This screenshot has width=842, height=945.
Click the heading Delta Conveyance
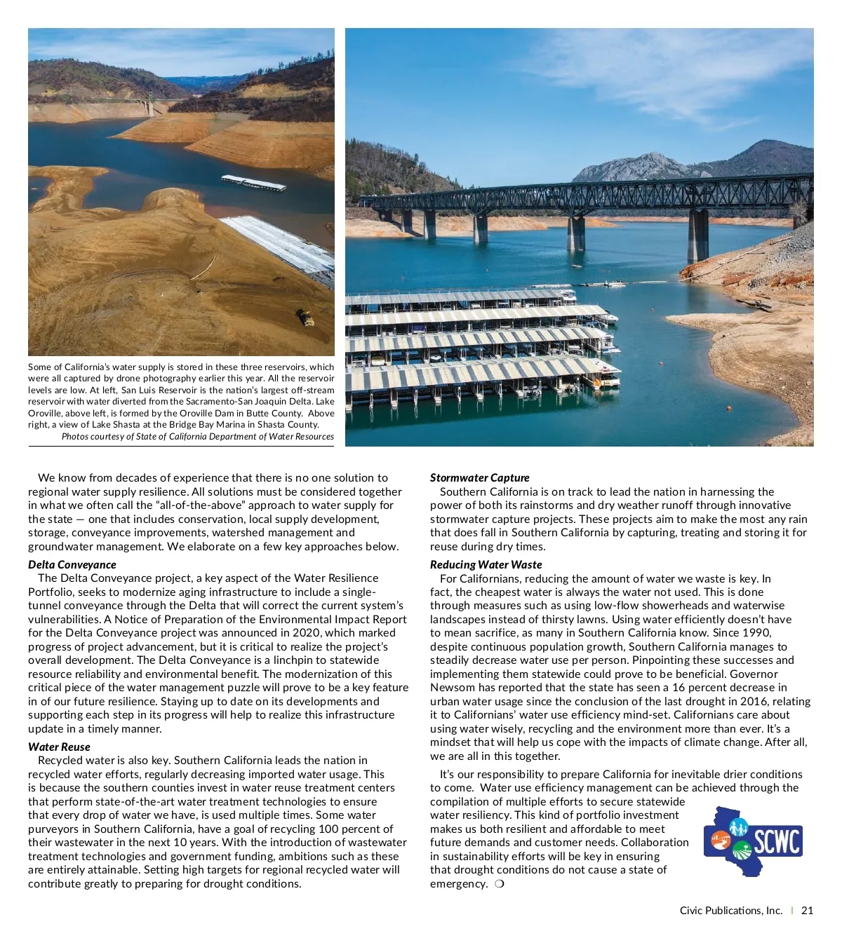coord(72,564)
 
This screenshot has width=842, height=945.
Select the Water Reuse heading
coord(59,747)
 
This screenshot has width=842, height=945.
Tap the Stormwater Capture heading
coord(479,477)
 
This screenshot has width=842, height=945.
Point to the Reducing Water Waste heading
coord(486,564)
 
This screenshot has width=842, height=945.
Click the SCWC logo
coord(753,841)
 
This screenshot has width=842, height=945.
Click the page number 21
coord(807,910)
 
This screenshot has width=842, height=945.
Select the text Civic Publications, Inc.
coord(730,910)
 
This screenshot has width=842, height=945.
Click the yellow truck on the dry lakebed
coord(306,318)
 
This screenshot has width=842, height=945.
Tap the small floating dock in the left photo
coord(253,183)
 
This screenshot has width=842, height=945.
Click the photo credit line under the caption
coord(197,436)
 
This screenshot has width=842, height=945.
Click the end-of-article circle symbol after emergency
coord(499,883)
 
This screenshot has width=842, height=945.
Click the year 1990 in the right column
coord(756,632)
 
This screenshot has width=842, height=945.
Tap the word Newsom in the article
coord(452,687)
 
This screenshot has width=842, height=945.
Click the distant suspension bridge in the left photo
coord(149,104)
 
